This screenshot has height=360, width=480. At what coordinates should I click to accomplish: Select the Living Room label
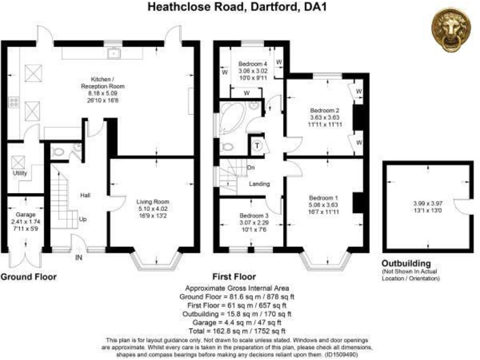pos(153,201)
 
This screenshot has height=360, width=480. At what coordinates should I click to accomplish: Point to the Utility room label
pos(20,172)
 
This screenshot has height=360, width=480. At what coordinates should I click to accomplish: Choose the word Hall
pos(85,196)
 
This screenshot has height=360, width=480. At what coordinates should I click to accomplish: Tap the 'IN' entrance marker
pos(79,257)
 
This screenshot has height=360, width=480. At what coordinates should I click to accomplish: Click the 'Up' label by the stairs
pos(82,219)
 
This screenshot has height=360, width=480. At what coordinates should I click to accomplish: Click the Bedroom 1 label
pos(323,192)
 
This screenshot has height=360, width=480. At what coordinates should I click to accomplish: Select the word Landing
pos(259,184)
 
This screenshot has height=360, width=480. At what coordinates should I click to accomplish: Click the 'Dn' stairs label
pos(251,167)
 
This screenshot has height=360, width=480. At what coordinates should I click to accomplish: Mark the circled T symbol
pos(257,146)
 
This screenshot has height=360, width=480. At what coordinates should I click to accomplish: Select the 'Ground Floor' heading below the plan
pos(29,276)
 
